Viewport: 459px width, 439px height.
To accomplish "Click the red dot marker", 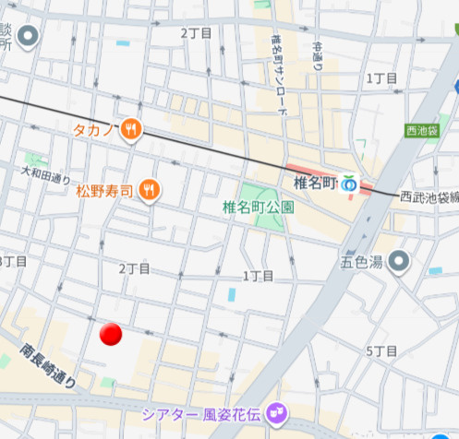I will (x=111, y=334).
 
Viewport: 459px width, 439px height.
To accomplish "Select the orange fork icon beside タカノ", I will (x=132, y=130).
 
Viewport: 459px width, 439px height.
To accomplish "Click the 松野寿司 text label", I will (x=105, y=191).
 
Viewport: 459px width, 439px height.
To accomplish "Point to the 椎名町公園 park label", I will (x=259, y=208).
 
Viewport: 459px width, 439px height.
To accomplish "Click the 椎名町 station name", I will (x=314, y=184).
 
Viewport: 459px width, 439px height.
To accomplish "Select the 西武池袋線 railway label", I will (x=429, y=196).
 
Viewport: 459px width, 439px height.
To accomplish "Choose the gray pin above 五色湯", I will (x=399, y=262).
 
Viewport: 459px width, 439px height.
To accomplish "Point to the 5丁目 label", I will (x=381, y=351).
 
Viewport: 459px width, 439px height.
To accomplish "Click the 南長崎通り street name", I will (x=48, y=365).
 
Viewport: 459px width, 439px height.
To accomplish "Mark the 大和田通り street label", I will (x=46, y=172).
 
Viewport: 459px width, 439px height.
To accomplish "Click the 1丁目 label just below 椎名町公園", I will (x=258, y=276).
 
